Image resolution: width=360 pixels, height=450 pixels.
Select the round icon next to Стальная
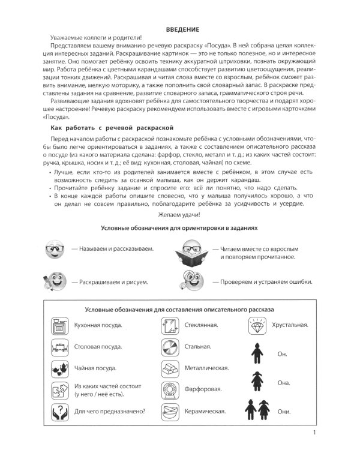[169, 347]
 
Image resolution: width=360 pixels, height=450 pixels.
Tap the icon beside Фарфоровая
[169, 390]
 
